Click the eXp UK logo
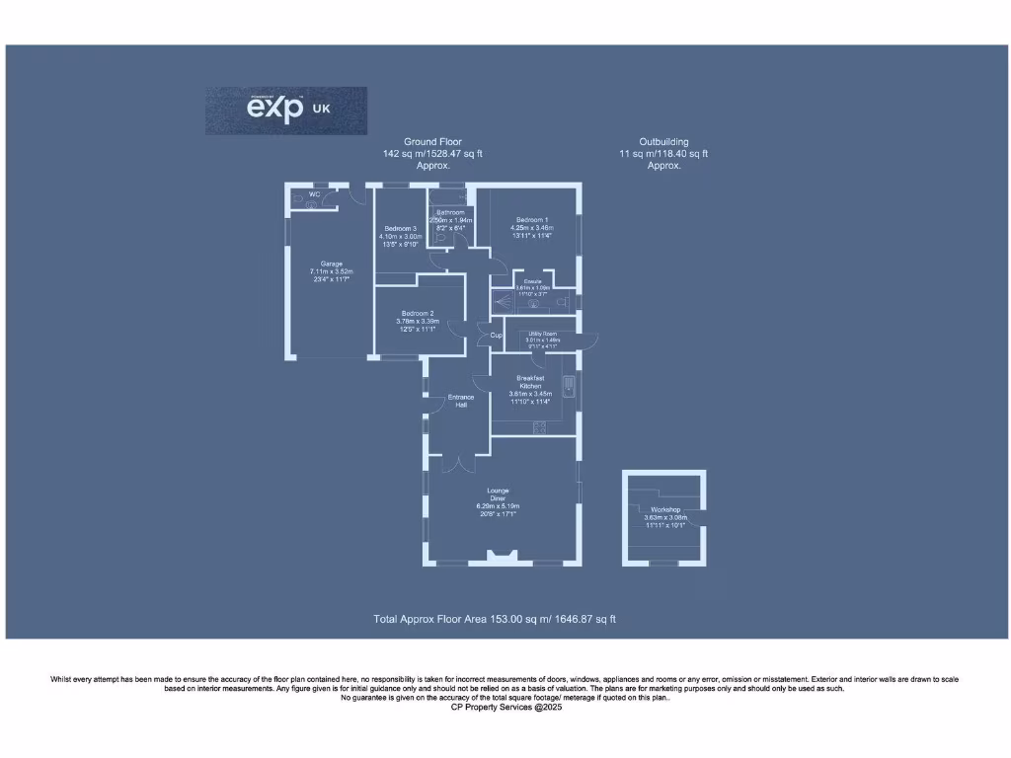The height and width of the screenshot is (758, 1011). pyautogui.click(x=286, y=110)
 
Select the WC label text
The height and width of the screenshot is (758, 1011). pyautogui.click(x=314, y=194)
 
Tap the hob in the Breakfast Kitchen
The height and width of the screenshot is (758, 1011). pyautogui.click(x=539, y=426)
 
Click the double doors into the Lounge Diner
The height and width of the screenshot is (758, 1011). pyautogui.click(x=458, y=462)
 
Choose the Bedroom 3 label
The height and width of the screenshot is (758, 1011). pyautogui.click(x=400, y=229)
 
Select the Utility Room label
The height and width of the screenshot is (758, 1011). pyautogui.click(x=542, y=335)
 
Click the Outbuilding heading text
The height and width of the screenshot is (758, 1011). pyautogui.click(x=663, y=142)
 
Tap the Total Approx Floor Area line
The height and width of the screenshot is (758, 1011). pyautogui.click(x=495, y=619)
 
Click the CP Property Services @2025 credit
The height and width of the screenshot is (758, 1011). pyautogui.click(x=505, y=708)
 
